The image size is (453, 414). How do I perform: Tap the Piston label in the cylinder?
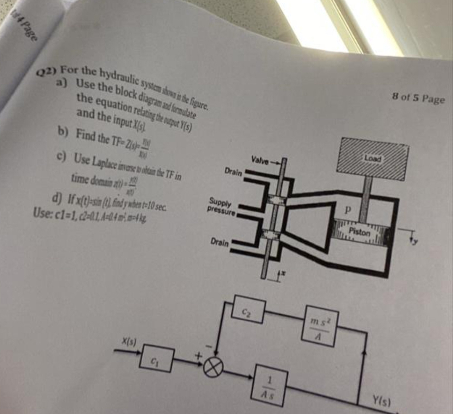pos(359,231)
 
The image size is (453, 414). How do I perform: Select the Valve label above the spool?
pos(260,159)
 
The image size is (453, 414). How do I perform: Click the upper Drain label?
pos(233,170)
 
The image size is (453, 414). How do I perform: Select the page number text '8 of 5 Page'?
pos(419,97)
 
